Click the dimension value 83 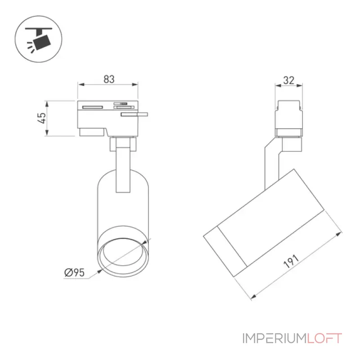tap(109, 79)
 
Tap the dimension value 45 tap(42, 118)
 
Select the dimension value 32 tap(288, 81)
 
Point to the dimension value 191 tap(291, 261)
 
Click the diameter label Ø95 tap(74, 273)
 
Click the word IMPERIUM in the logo tap(274, 338)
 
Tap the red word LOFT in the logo tap(324, 338)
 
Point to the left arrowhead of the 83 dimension tap(81, 85)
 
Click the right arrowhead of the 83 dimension tap(135, 85)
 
